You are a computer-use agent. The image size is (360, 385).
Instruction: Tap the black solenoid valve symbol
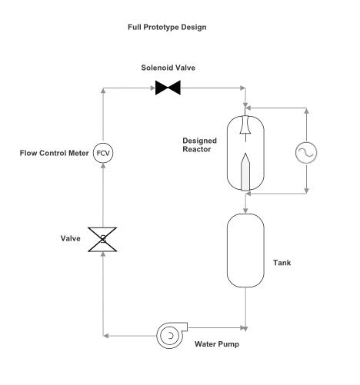pyautogui.click(x=167, y=88)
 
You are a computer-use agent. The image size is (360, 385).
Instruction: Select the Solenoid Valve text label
pyautogui.click(x=167, y=68)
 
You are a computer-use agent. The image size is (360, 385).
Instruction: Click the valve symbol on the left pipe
pyautogui.click(x=103, y=238)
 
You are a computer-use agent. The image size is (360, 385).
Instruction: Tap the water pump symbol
pyautogui.click(x=168, y=335)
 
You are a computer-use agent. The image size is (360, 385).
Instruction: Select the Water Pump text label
pyautogui.click(x=216, y=344)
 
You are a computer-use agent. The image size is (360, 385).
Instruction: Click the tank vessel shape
pyautogui.click(x=245, y=250)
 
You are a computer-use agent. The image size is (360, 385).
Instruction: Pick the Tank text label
pyautogui.click(x=282, y=263)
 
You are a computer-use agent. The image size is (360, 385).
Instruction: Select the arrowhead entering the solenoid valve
pyautogui.click(x=150, y=88)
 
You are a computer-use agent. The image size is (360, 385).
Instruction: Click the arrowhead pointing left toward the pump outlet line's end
pyautogui.click(x=107, y=335)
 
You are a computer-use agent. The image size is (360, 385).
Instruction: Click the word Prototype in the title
pyautogui.click(x=171, y=27)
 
